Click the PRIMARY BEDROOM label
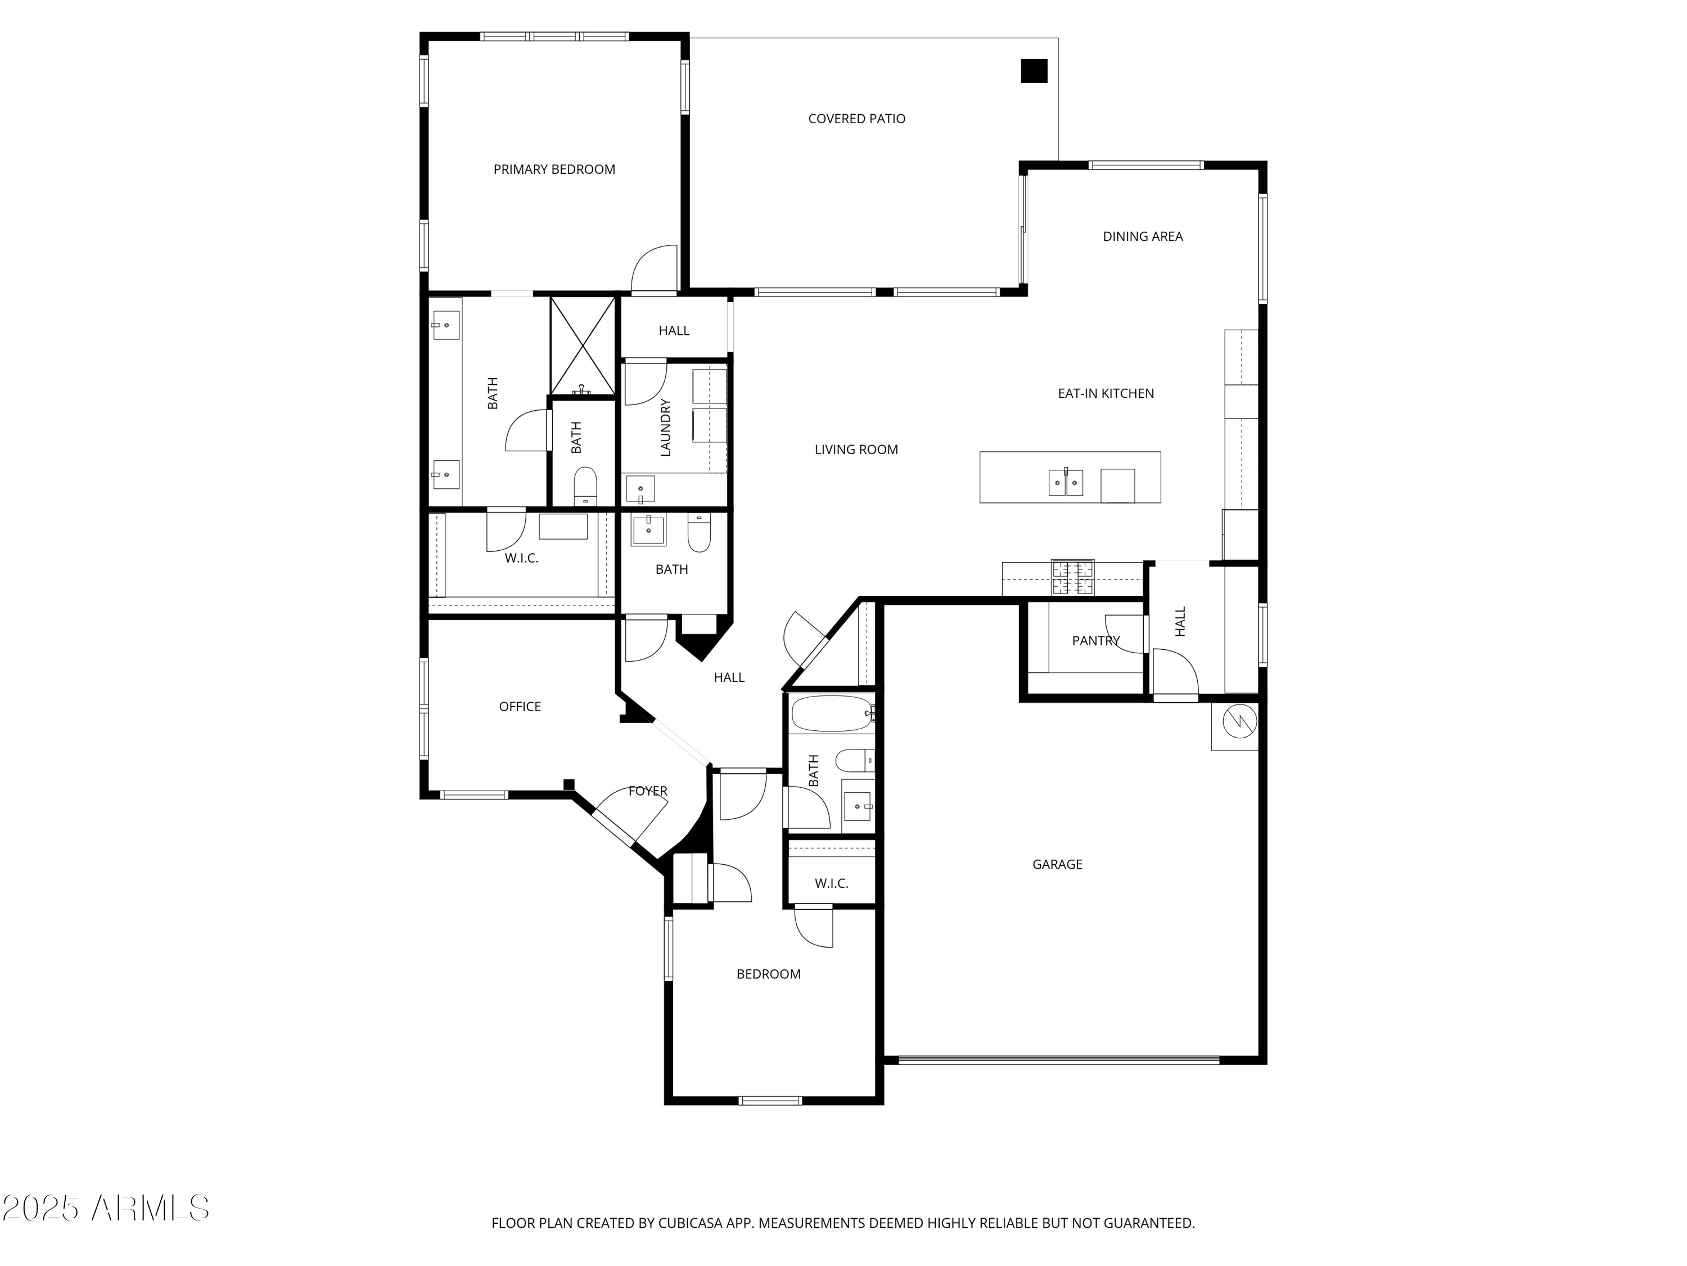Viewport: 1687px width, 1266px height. point(554,169)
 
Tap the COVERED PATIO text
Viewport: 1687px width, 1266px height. point(856,119)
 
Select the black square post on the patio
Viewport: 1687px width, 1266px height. point(1034,71)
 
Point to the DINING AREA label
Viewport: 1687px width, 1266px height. point(1143,236)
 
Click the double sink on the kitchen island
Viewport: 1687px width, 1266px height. point(1066,482)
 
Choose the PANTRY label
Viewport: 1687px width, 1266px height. point(1096,641)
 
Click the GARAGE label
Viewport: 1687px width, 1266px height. point(1057,865)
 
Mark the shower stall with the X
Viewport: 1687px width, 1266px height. point(583,345)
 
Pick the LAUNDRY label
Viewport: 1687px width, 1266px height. point(666,427)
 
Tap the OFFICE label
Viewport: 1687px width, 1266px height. point(520,707)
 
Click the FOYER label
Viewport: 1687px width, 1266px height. point(647,791)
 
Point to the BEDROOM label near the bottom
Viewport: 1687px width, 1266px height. point(768,974)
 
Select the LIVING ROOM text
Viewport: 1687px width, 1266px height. point(856,450)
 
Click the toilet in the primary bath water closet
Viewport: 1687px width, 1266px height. point(585,487)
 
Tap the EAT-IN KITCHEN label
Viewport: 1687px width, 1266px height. point(1106,394)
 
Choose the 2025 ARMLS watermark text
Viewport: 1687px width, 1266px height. point(106,1208)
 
